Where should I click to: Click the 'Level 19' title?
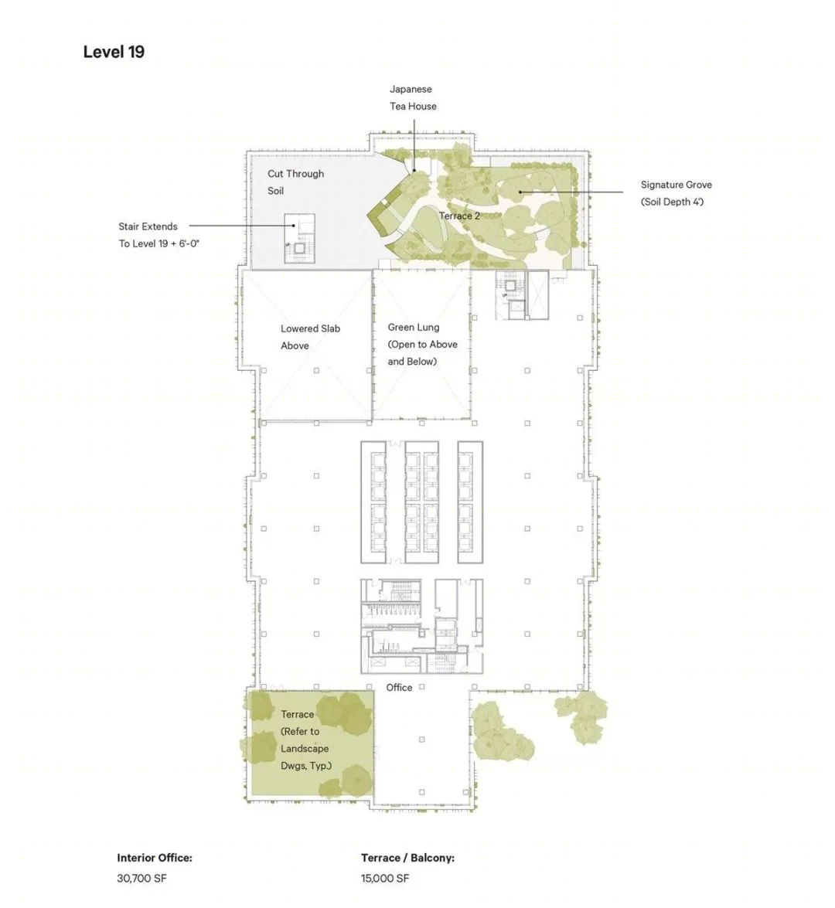pyautogui.click(x=114, y=52)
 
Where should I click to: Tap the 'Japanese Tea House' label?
pyautogui.click(x=413, y=97)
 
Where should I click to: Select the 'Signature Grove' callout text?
pyautogui.click(x=677, y=193)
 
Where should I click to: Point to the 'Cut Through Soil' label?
pyautogui.click(x=295, y=182)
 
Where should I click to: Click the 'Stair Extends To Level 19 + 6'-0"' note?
pyautogui.click(x=158, y=234)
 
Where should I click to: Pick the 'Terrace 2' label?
pyautogui.click(x=459, y=216)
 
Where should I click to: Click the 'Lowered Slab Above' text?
pyautogui.click(x=310, y=336)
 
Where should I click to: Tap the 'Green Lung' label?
pyautogui.click(x=414, y=327)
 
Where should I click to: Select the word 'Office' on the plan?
pyautogui.click(x=399, y=687)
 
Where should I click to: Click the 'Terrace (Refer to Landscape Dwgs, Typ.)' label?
pyautogui.click(x=306, y=740)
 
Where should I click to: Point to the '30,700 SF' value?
pyautogui.click(x=141, y=878)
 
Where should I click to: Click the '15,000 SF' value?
pyautogui.click(x=385, y=878)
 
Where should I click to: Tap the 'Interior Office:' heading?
pyautogui.click(x=154, y=858)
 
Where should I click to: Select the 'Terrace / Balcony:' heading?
pyautogui.click(x=407, y=858)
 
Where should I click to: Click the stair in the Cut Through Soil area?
pyautogui.click(x=299, y=239)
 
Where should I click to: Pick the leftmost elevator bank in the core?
pyautogui.click(x=373, y=502)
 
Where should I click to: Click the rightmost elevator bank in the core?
pyautogui.click(x=470, y=502)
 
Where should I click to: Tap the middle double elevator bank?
pyautogui.click(x=422, y=502)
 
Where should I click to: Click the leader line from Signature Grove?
pyautogui.click(x=571, y=192)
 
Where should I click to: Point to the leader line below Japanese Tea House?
pyautogui.click(x=414, y=145)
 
